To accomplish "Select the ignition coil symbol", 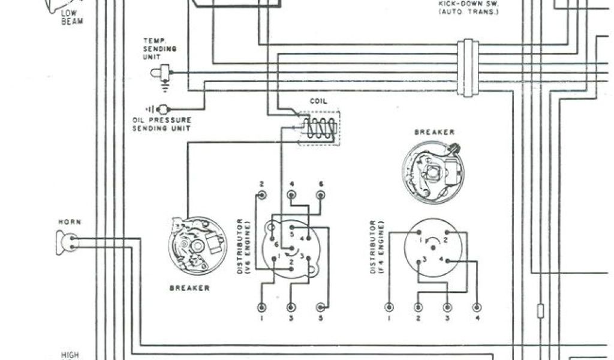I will pyautogui.click(x=318, y=128).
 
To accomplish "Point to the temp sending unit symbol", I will pyautogui.click(x=160, y=73).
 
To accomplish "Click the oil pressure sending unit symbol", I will pyautogui.click(x=160, y=109).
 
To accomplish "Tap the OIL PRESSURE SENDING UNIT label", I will pyautogui.click(x=161, y=124).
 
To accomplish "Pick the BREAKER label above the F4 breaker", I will pyautogui.click(x=434, y=132).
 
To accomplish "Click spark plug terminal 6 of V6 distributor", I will pyautogui.click(x=321, y=194).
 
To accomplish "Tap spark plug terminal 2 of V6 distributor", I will pyautogui.click(x=261, y=194).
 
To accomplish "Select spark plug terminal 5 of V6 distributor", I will pyautogui.click(x=321, y=307).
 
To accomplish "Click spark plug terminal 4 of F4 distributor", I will pyautogui.click(x=477, y=307).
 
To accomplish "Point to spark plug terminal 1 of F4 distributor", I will pyautogui.click(x=390, y=307).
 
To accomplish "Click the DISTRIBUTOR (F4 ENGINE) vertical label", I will pyautogui.click(x=376, y=247).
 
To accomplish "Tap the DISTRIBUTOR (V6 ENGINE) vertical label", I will pyautogui.click(x=242, y=247).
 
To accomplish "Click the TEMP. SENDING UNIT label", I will pyautogui.click(x=155, y=48).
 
